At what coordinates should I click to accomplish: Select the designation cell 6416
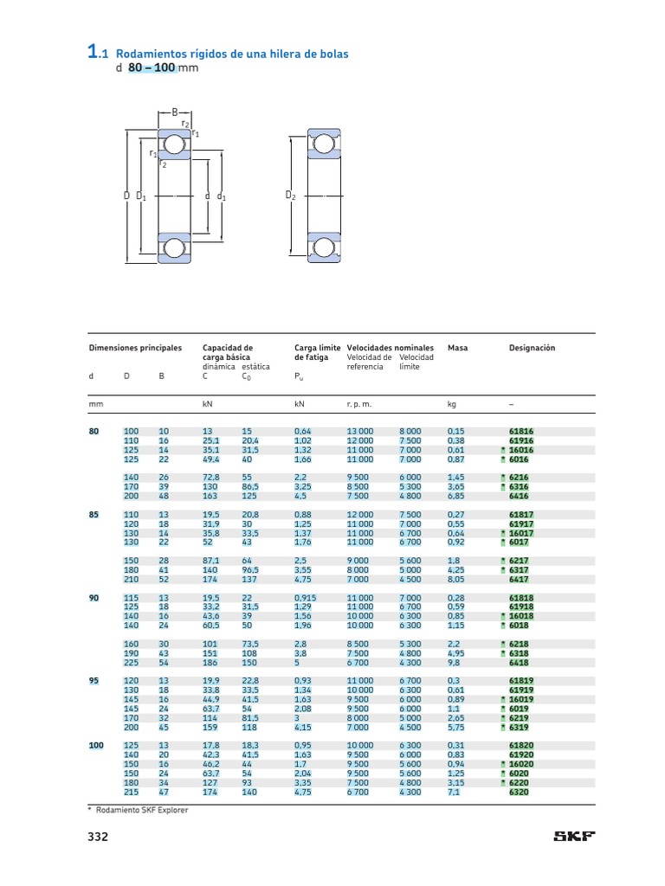tap(519, 496)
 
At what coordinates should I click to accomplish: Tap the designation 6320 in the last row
tap(519, 792)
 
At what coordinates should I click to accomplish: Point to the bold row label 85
tap(94, 514)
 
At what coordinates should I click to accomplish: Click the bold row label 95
tap(94, 681)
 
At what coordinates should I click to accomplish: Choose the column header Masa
tap(457, 348)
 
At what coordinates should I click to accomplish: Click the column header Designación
tap(532, 348)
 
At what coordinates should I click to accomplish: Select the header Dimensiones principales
tap(136, 348)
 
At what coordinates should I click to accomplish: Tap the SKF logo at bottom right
tap(575, 837)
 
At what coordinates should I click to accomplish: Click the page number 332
tap(97, 837)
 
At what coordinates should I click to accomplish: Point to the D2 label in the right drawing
tap(291, 196)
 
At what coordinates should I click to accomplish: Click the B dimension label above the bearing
tap(174, 112)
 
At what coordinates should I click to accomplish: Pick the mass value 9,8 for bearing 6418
tap(454, 663)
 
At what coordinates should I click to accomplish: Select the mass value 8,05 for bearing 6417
tap(455, 580)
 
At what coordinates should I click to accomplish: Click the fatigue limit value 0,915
tap(306, 597)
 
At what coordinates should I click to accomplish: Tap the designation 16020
tap(520, 764)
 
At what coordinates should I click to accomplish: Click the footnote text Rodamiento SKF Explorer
tap(141, 810)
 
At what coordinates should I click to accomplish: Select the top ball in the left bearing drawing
tap(175, 145)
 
